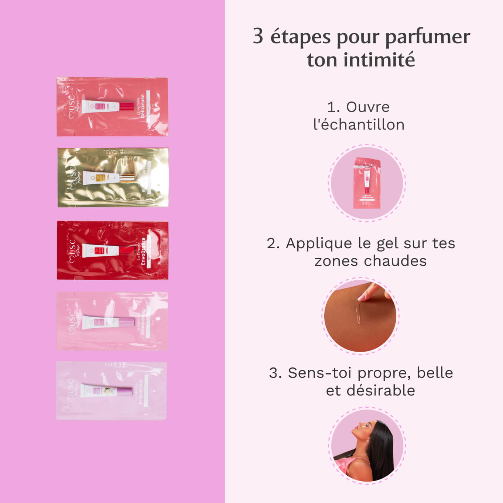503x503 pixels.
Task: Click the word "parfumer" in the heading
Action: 427,37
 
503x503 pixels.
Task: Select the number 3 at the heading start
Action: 258,36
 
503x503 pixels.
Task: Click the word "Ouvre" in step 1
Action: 368,107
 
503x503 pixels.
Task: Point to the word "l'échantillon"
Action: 359,125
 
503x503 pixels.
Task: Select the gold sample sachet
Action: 113,177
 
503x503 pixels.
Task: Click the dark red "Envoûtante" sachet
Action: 113,250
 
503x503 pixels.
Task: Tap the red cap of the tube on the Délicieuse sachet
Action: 126,107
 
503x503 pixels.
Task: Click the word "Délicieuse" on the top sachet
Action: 143,106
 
